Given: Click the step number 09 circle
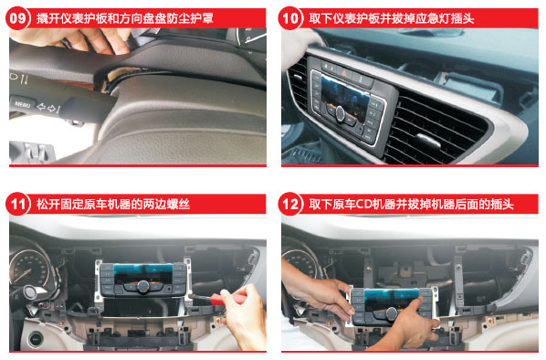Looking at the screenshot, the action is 17,18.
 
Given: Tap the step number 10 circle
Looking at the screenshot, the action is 290,18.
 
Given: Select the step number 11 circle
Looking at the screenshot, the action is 17,204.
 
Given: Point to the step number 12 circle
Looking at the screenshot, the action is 290,204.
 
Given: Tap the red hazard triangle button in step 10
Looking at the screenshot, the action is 344,73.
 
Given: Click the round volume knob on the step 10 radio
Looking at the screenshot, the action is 341,113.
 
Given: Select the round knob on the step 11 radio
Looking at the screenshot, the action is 142,287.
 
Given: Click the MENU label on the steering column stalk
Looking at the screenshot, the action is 22,104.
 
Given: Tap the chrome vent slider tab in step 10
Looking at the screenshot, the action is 428,140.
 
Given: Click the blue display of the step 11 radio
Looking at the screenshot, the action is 143,273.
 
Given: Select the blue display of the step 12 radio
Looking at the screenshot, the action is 392,298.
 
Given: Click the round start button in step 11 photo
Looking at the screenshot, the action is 36,338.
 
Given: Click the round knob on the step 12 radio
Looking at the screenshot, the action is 392,313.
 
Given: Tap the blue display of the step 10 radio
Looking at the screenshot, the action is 345,93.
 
